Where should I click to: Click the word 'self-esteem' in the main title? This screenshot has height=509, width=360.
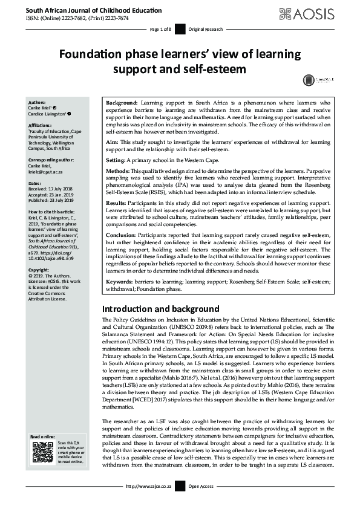pos(215,69)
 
